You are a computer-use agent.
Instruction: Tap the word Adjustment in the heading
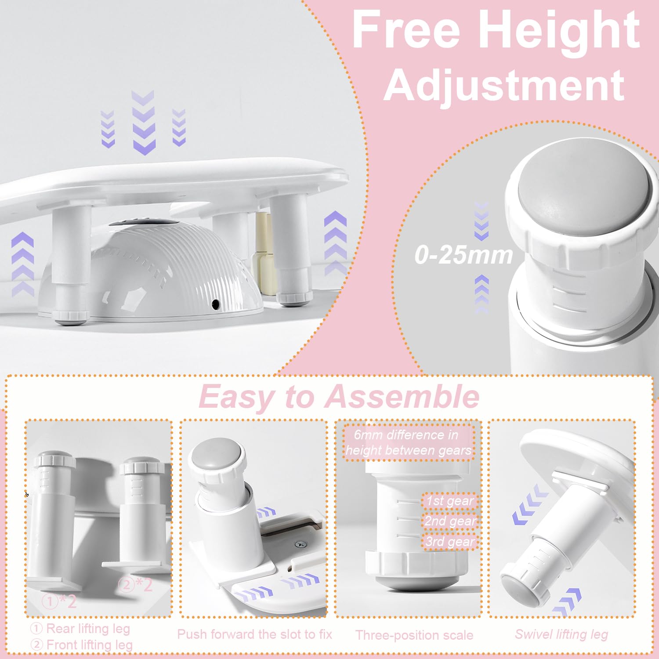tap(504, 84)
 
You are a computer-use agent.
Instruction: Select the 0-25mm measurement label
tap(464, 255)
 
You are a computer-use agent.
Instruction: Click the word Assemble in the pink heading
tap(402, 397)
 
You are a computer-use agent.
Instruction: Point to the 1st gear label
tap(449, 501)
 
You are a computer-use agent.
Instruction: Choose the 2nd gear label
tap(449, 521)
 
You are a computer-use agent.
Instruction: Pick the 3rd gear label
tap(449, 541)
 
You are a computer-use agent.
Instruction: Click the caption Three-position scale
tap(414, 635)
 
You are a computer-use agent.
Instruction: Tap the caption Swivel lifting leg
tap(561, 634)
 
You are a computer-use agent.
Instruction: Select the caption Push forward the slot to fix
tap(254, 634)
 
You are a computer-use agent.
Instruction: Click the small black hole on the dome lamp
tap(215, 304)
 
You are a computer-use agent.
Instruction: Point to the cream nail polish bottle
tap(264, 253)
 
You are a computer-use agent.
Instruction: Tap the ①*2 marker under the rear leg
tap(59, 601)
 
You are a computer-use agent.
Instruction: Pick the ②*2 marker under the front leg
tap(136, 585)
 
